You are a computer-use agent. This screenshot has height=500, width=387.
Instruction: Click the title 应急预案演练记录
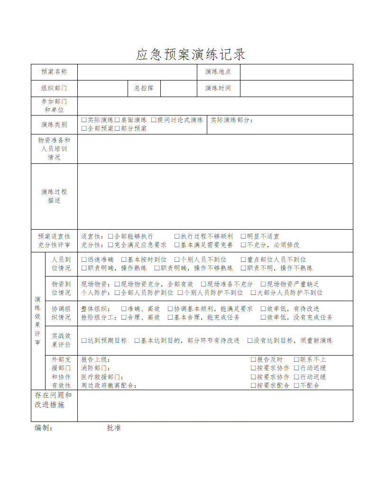click(x=191, y=54)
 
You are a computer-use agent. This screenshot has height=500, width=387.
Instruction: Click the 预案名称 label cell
click(x=54, y=72)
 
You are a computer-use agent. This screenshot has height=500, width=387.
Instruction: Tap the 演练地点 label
click(x=218, y=72)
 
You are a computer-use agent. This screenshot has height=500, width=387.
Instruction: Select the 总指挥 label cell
click(x=144, y=89)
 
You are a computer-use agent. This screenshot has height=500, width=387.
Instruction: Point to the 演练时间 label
click(x=218, y=89)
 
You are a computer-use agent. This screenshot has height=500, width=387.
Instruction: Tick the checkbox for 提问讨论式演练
click(x=154, y=120)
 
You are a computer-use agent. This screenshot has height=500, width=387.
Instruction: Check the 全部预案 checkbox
click(x=84, y=128)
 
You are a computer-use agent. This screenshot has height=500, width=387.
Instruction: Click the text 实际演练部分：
click(x=232, y=120)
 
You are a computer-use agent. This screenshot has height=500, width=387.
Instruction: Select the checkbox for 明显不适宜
click(x=243, y=236)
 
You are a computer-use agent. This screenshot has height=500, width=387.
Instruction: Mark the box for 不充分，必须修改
click(x=243, y=245)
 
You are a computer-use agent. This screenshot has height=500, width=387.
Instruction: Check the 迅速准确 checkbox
click(x=84, y=259)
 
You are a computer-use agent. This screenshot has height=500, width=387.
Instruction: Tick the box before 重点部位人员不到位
click(x=243, y=259)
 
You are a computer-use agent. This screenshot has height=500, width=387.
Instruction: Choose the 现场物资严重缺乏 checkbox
click(x=263, y=284)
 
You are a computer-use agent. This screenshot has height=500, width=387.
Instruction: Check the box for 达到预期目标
click(x=84, y=340)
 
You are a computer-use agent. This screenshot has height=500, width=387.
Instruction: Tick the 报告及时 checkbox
click(x=253, y=360)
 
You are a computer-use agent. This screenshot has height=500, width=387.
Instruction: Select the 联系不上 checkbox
click(x=296, y=360)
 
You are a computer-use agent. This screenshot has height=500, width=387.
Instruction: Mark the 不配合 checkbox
click(x=296, y=385)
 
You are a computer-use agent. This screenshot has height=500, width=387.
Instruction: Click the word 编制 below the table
click(x=42, y=428)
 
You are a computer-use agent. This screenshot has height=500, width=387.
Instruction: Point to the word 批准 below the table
click(x=114, y=428)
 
